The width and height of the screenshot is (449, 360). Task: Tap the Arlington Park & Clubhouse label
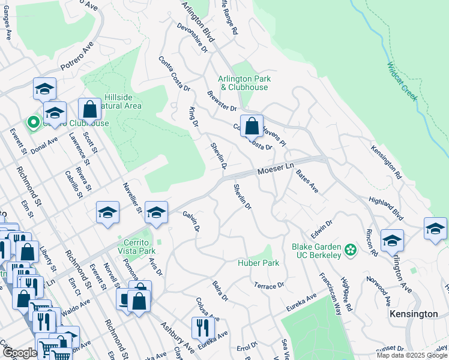(x=244, y=83)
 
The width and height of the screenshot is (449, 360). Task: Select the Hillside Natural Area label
(x=122, y=101)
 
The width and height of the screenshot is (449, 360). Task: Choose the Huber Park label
(x=259, y=263)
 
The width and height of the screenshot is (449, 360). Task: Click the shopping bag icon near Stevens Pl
(x=252, y=126)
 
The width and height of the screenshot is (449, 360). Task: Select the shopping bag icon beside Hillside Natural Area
(x=89, y=110)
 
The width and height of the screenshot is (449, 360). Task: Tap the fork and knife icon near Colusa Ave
(x=202, y=327)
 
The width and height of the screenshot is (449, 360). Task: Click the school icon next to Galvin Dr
(x=156, y=212)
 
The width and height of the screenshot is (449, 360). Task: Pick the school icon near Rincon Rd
(x=392, y=240)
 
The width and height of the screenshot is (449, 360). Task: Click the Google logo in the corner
(x=20, y=353)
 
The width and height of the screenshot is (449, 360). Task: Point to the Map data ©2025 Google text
(x=412, y=355)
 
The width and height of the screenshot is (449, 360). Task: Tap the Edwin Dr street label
(x=321, y=228)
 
